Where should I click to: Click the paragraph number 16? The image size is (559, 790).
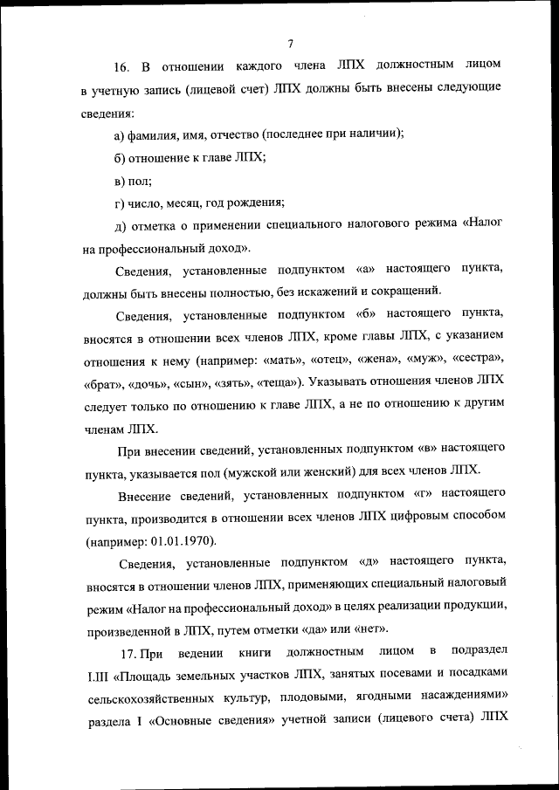click(121, 67)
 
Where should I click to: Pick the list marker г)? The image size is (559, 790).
click(120, 203)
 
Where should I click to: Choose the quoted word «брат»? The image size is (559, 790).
click(102, 381)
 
